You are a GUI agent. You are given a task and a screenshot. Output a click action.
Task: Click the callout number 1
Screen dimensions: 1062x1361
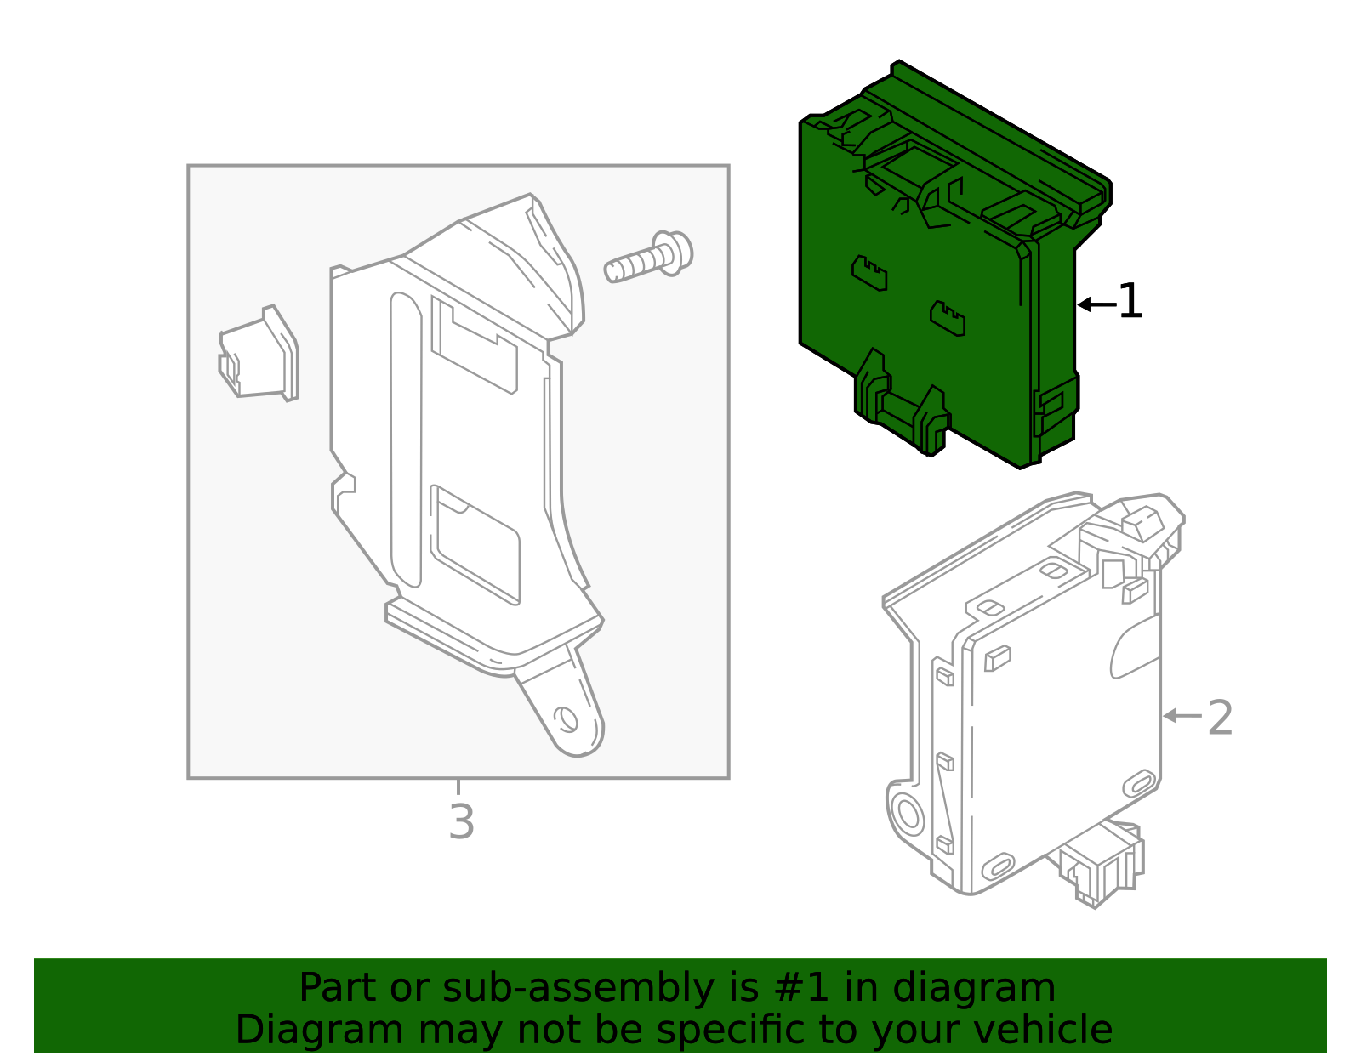(1130, 302)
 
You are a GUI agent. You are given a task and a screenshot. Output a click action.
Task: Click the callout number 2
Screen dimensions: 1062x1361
(1220, 718)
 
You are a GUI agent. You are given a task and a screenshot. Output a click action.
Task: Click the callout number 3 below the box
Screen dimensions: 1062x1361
(461, 821)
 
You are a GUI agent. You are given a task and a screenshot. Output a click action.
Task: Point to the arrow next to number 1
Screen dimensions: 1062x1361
(1096, 304)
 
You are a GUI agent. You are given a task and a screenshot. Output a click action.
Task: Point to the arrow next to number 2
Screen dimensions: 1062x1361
(1182, 716)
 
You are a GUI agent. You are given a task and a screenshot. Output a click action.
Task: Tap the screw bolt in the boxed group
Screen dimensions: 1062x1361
(650, 258)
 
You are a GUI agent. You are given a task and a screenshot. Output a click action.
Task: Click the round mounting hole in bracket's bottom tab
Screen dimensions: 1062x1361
(565, 719)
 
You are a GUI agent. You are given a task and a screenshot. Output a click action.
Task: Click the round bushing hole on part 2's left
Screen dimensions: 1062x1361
(908, 815)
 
